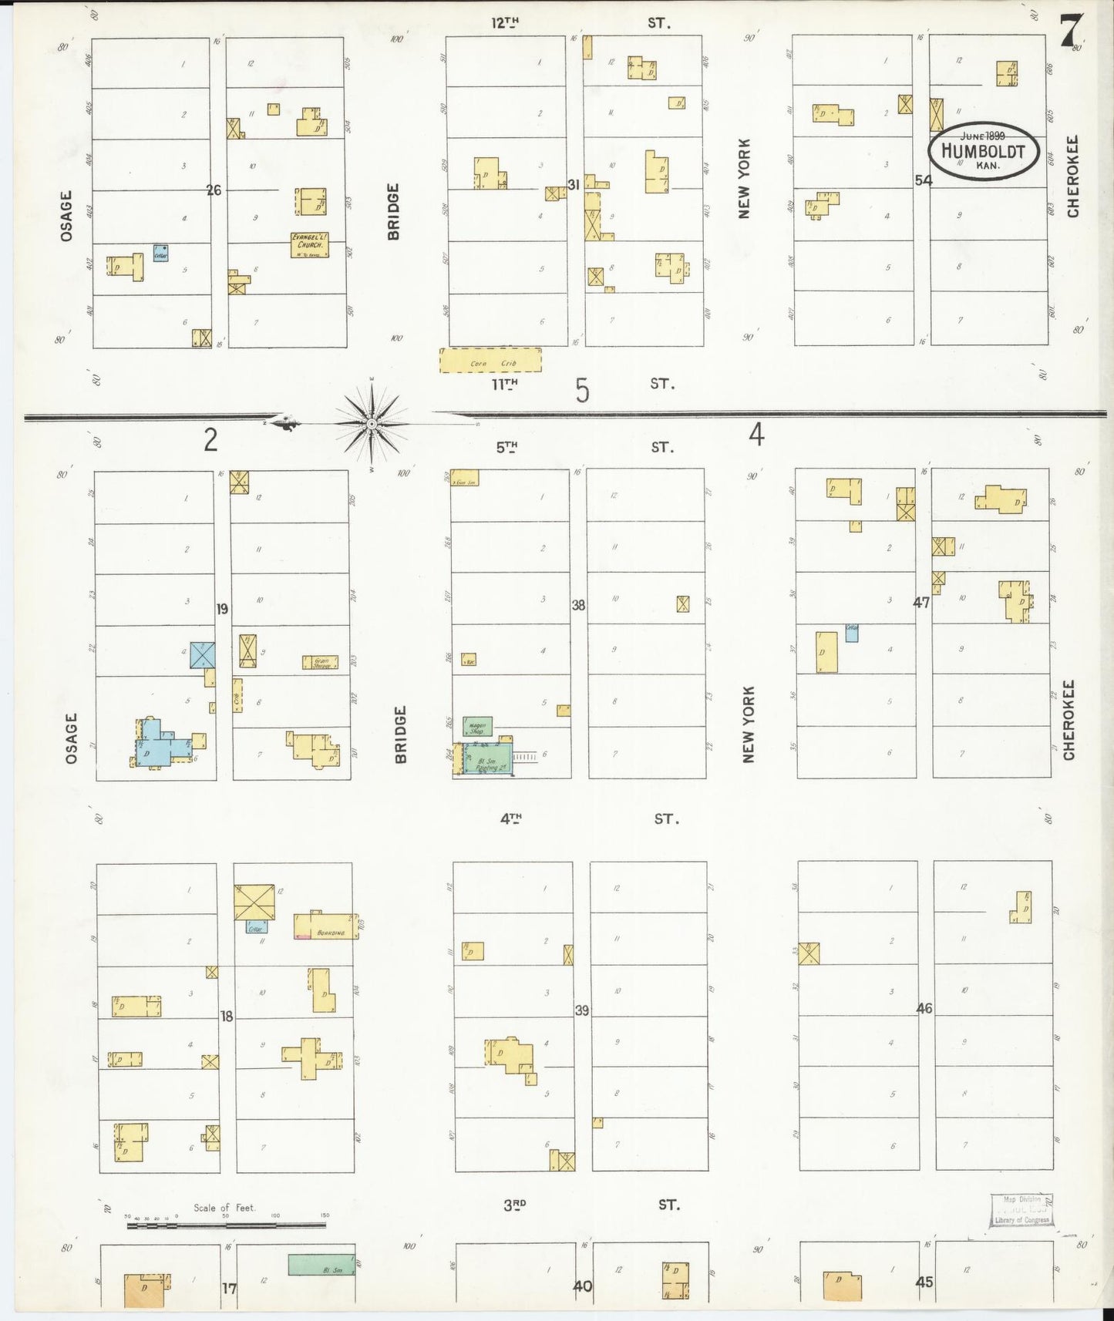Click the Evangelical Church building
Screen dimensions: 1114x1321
[309, 244]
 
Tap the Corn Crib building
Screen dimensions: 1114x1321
[490, 361]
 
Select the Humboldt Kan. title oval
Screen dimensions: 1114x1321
[984, 150]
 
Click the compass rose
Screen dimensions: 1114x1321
[372, 422]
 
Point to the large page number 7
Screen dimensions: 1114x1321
[1070, 32]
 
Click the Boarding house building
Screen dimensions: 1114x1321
[327, 925]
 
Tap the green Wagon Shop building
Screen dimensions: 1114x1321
[477, 725]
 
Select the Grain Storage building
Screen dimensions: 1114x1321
[320, 661]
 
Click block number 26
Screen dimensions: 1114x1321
[214, 190]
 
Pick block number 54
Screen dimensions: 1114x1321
[923, 180]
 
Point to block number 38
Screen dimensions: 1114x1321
[578, 605]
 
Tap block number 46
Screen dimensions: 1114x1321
[924, 1008]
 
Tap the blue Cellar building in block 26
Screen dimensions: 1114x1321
[160, 253]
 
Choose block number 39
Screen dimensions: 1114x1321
[581, 1010]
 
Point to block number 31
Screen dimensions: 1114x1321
[573, 185]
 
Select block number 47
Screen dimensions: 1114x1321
[921, 603]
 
